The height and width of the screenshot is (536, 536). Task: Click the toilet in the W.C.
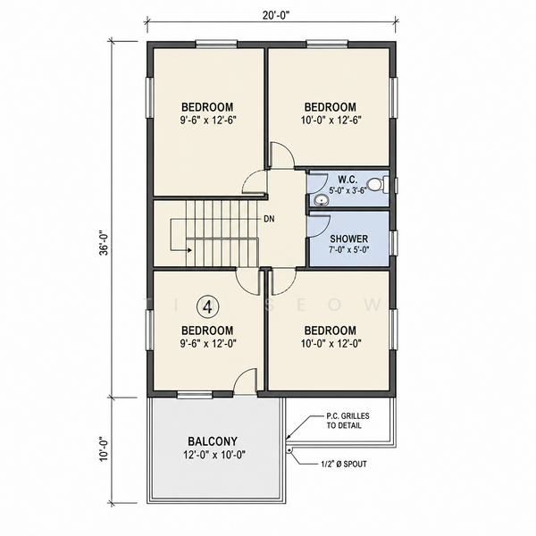click(x=379, y=184)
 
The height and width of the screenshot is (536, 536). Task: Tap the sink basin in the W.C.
click(x=321, y=200)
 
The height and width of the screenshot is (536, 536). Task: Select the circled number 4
click(x=207, y=307)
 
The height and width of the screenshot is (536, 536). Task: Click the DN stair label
click(x=269, y=219)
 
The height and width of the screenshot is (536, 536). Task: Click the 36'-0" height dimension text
click(x=104, y=244)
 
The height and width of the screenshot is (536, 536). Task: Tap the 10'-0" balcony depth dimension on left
click(x=104, y=449)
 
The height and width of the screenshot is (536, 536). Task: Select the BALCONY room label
click(x=213, y=441)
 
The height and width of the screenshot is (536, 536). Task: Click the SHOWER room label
click(x=348, y=239)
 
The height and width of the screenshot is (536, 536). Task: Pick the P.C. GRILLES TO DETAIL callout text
click(x=348, y=421)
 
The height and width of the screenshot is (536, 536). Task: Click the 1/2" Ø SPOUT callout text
click(x=344, y=464)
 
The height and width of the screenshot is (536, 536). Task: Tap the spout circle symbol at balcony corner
click(x=289, y=450)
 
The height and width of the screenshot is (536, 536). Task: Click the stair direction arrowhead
click(x=189, y=250)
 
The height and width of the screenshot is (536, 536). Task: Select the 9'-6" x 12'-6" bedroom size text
click(x=208, y=121)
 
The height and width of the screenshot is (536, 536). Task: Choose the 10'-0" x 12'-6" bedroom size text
click(x=331, y=121)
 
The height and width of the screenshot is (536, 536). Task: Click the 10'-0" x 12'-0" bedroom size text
click(x=331, y=343)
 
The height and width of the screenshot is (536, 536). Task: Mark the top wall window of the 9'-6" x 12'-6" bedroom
click(x=216, y=44)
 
